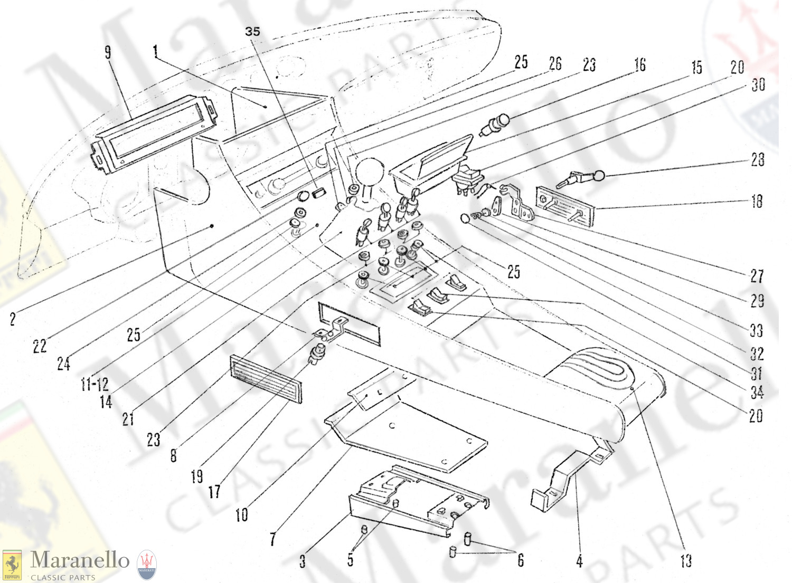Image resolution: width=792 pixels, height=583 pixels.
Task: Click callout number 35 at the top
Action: click(x=252, y=32)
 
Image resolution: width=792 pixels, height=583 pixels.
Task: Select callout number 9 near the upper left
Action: click(x=108, y=52)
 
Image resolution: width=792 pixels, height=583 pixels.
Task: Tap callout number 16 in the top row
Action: click(x=640, y=65)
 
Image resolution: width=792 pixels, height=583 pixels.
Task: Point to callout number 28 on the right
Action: click(x=758, y=159)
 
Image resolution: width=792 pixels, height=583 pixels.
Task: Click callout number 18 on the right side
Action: click(x=757, y=201)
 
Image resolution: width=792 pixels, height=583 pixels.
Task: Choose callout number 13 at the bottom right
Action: click(x=685, y=560)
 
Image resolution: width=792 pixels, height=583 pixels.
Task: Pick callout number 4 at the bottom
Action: click(x=579, y=561)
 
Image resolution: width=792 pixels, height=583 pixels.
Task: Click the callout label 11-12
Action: click(x=95, y=384)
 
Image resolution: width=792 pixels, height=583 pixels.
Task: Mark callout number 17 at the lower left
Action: click(x=214, y=492)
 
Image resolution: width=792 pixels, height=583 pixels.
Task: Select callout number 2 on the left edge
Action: click(x=13, y=319)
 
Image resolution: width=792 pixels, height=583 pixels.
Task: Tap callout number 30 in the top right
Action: click(x=758, y=84)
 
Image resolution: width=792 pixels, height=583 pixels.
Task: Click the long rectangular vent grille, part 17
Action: click(x=266, y=379)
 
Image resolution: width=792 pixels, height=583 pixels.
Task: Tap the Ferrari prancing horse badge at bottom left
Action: click(x=12, y=566)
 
